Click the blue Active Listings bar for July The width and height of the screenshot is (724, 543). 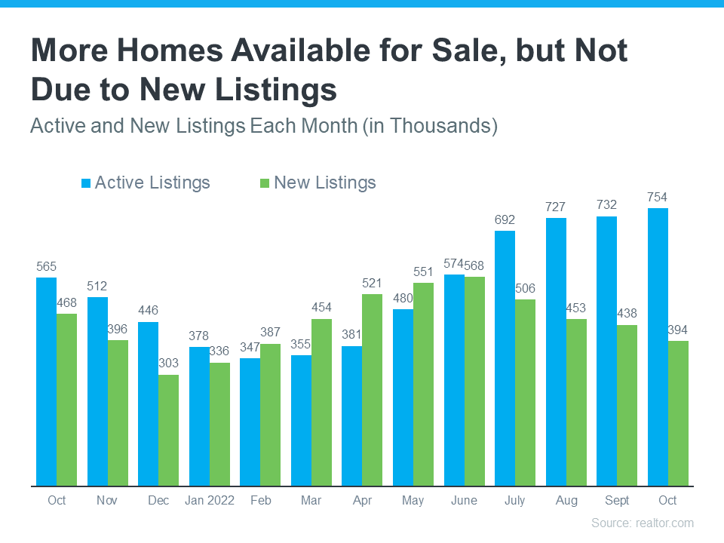[505, 358]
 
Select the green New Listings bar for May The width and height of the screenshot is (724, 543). [424, 384]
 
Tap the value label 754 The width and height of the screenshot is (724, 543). [658, 198]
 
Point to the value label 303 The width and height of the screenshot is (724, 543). [168, 364]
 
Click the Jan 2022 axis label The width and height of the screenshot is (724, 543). [209, 501]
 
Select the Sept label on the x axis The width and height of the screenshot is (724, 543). [617, 501]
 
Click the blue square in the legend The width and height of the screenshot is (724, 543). [86, 183]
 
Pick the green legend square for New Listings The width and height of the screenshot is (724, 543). [264, 183]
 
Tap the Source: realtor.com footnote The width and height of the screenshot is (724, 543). [642, 523]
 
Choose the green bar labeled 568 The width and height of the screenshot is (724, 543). [475, 381]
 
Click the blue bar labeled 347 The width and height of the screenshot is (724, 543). [250, 422]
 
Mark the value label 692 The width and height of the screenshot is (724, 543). [505, 220]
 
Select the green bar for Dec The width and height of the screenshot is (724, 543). [168, 430]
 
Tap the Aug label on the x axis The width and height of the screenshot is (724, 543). [566, 501]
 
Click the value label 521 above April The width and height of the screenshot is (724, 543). [373, 283]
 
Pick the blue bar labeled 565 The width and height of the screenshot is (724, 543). [46, 381]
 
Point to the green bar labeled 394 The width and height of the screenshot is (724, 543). [678, 413]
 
